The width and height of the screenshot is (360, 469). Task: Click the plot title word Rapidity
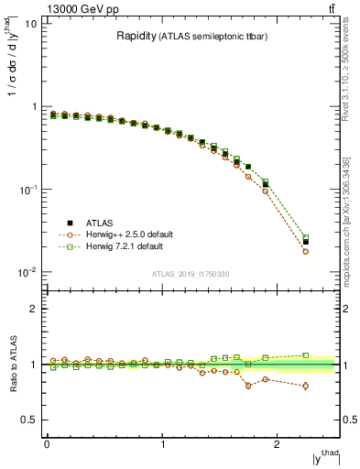(136, 37)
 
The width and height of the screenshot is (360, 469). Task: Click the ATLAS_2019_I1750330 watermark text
(191, 274)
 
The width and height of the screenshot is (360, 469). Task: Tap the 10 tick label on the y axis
(31, 24)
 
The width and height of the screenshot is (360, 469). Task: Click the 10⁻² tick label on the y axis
(29, 272)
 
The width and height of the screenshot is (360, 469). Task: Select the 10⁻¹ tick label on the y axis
(29, 190)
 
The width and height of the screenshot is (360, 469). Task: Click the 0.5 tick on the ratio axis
(28, 420)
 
